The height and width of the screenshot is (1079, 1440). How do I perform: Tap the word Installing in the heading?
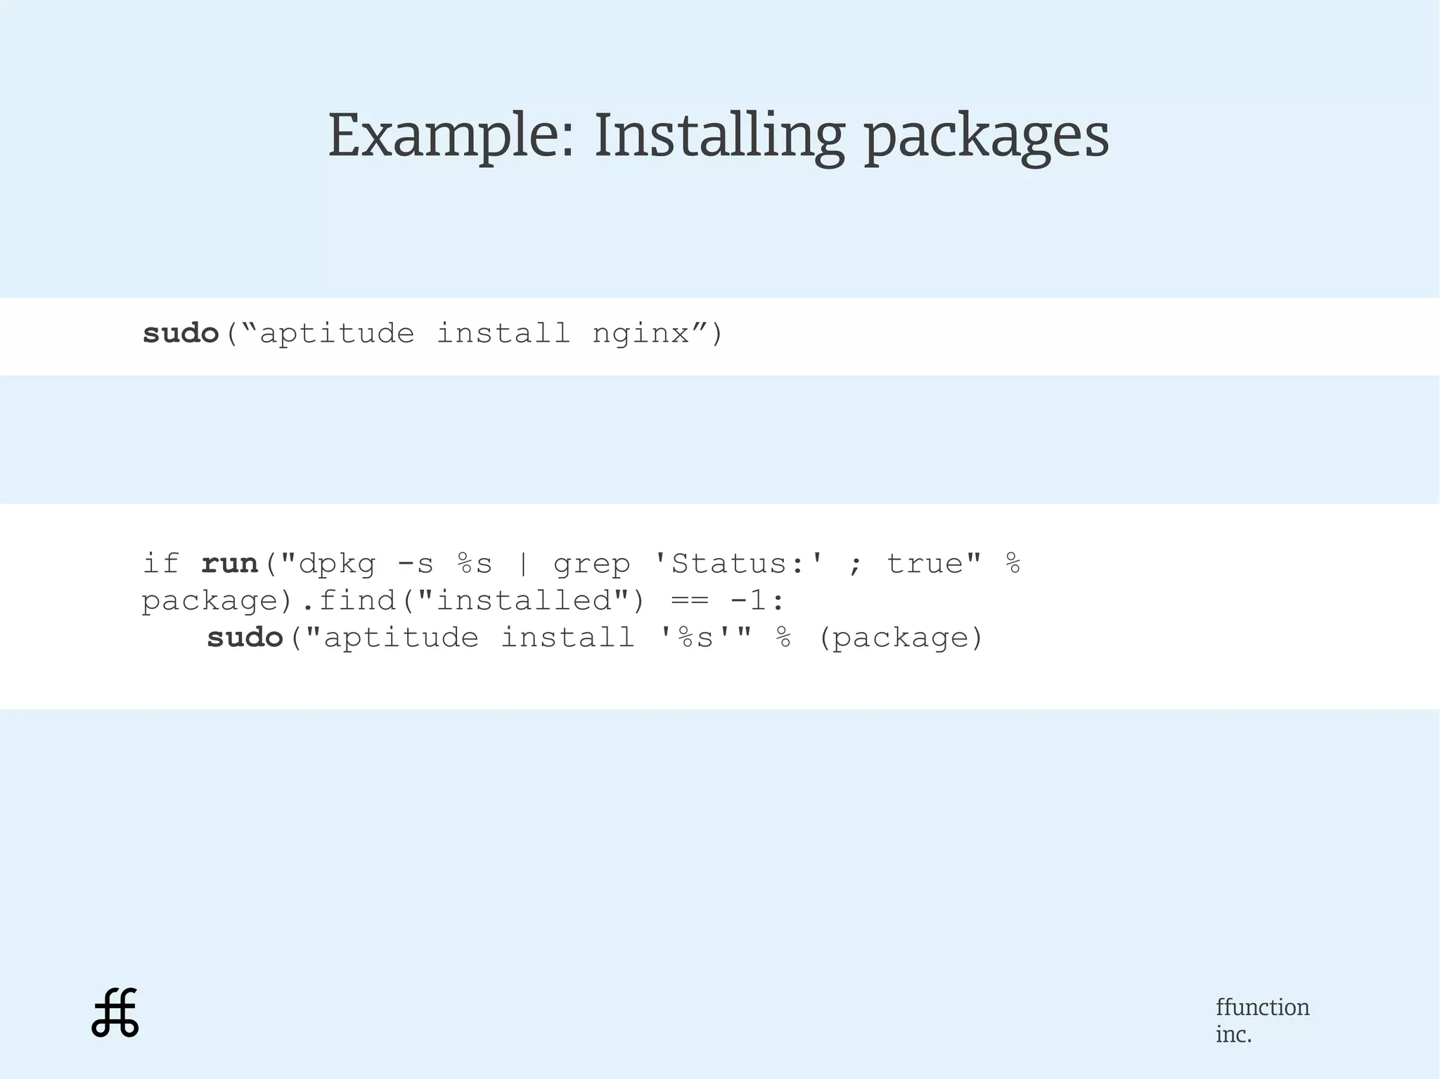pos(719,135)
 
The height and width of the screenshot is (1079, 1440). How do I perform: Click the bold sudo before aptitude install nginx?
pos(181,333)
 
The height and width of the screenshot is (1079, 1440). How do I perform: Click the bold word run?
pos(230,564)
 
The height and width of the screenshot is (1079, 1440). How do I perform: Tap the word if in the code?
pos(161,564)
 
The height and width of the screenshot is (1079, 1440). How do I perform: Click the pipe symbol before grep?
pos(522,564)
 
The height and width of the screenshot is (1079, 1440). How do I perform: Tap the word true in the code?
pos(925,564)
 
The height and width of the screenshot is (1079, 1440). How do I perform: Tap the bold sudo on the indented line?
pos(245,638)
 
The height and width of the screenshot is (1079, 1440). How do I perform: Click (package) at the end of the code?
pos(901,638)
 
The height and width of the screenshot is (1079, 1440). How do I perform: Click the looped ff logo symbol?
pos(115,1013)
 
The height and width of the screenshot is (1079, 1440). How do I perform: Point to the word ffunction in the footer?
pos(1262,1007)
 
